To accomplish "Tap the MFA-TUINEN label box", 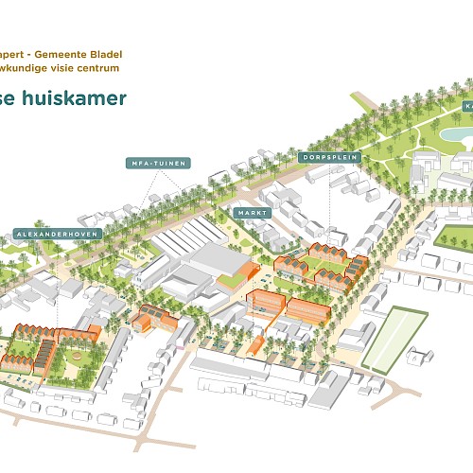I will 157,163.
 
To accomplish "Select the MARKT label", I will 253,213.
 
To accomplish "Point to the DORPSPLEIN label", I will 330,157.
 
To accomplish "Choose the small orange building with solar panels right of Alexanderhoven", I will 149,319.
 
